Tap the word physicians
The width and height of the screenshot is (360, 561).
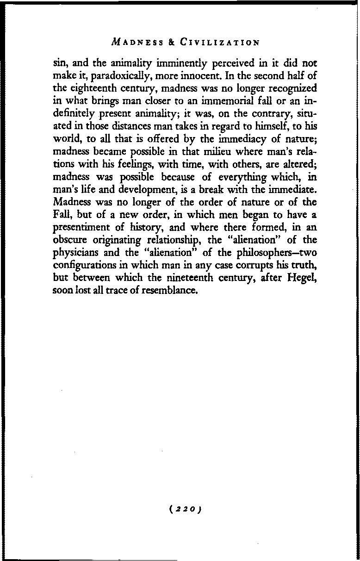tap(77, 253)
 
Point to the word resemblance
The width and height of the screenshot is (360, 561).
tap(169, 291)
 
